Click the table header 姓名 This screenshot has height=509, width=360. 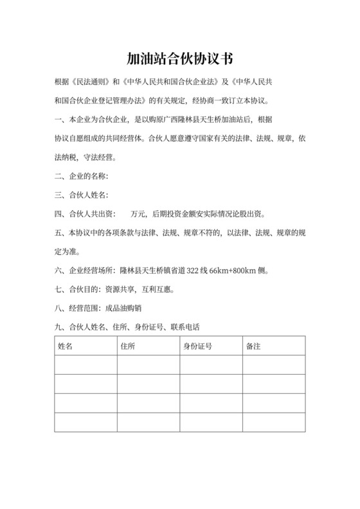(66, 346)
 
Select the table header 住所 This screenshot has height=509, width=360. (128, 346)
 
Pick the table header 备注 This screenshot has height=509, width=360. (253, 346)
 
